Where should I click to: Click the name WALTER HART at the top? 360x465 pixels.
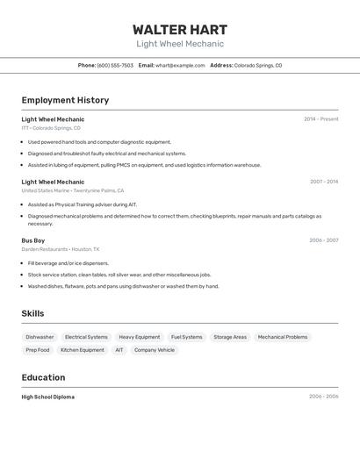pyautogui.click(x=180, y=29)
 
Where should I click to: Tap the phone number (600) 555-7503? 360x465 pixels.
pyautogui.click(x=115, y=66)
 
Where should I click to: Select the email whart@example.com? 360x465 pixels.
pyautogui.click(x=180, y=66)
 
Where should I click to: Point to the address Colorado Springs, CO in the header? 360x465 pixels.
pyautogui.click(x=258, y=66)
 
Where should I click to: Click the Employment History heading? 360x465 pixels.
pyautogui.click(x=65, y=100)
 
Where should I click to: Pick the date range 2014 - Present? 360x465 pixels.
pyautogui.click(x=320, y=119)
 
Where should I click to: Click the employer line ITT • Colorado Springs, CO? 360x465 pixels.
pyautogui.click(x=51, y=128)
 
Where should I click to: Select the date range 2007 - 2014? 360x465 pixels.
pyautogui.click(x=323, y=182)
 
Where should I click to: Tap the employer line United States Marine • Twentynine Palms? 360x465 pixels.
pyautogui.click(x=73, y=190)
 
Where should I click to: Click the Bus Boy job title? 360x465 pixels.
pyautogui.click(x=33, y=240)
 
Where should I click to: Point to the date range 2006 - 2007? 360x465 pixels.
pyautogui.click(x=323, y=240)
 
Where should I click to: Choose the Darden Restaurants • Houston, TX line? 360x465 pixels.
pyautogui.click(x=61, y=249)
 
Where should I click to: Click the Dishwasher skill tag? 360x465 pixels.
pyautogui.click(x=40, y=337)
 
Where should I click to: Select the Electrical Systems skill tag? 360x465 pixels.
pyautogui.click(x=86, y=337)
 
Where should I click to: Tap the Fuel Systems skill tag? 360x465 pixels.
pyautogui.click(x=186, y=337)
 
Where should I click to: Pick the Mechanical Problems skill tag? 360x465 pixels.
pyautogui.click(x=283, y=337)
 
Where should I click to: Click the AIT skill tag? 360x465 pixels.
pyautogui.click(x=119, y=350)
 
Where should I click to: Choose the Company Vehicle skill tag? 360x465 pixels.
pyautogui.click(x=154, y=350)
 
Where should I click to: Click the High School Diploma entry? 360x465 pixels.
pyautogui.click(x=48, y=397)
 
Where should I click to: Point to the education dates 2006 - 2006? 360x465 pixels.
pyautogui.click(x=323, y=397)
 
